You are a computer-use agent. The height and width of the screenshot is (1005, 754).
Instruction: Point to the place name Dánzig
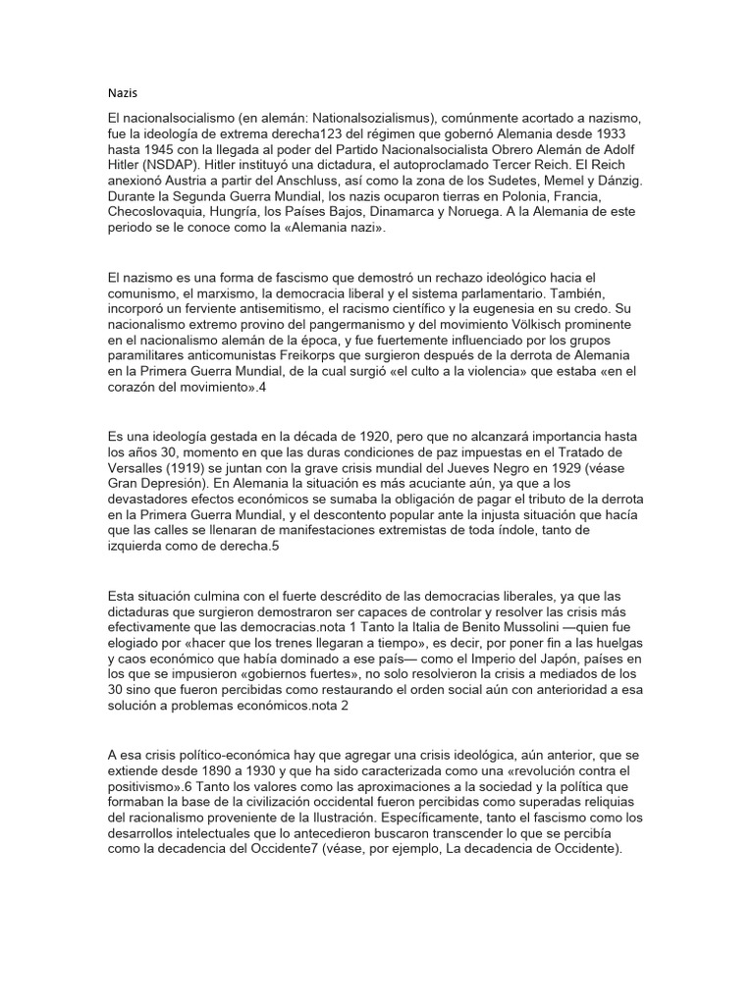coord(617,181)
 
